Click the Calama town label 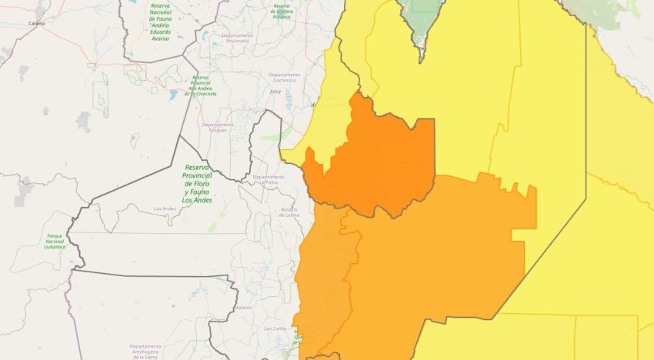[x=36, y=24]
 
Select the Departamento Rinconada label [x=237, y=38]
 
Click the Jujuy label [x=275, y=91]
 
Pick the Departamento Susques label [x=218, y=127]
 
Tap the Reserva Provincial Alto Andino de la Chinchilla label [x=202, y=85]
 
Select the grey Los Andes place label [x=165, y=209]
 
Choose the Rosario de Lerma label [x=289, y=212]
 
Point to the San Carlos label [x=275, y=329]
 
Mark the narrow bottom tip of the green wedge [x=421, y=58]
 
